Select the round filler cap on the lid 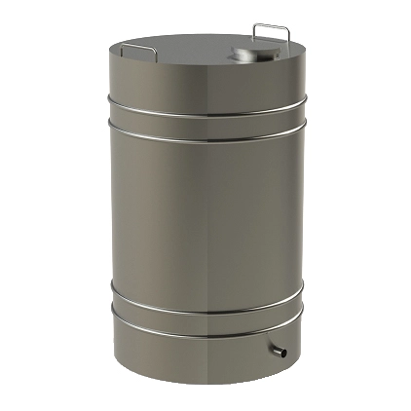pyautogui.click(x=241, y=55)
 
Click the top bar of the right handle pyautogui.click(x=272, y=25)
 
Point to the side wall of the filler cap pyautogui.click(x=240, y=59)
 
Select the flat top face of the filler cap pyautogui.click(x=242, y=51)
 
